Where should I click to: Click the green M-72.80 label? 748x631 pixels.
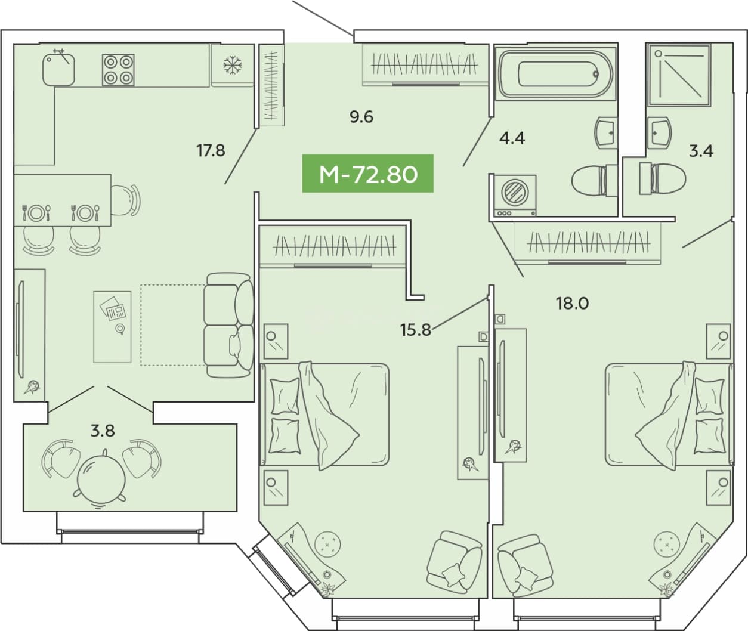[368, 174]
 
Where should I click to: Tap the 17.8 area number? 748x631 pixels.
[211, 150]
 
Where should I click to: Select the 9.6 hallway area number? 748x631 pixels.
[361, 117]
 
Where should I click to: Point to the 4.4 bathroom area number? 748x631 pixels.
[512, 138]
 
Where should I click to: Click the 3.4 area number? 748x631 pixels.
[701, 151]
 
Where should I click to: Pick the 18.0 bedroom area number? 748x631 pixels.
[572, 303]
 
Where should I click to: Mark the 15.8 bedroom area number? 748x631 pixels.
[416, 330]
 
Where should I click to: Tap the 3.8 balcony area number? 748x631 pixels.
[103, 431]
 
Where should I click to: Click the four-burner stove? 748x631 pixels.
[118, 70]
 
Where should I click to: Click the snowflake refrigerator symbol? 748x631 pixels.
[233, 65]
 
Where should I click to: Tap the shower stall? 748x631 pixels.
[679, 75]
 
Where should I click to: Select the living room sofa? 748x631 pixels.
[229, 325]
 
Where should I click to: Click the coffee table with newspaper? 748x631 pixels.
[113, 327]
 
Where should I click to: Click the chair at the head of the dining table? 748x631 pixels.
[125, 200]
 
